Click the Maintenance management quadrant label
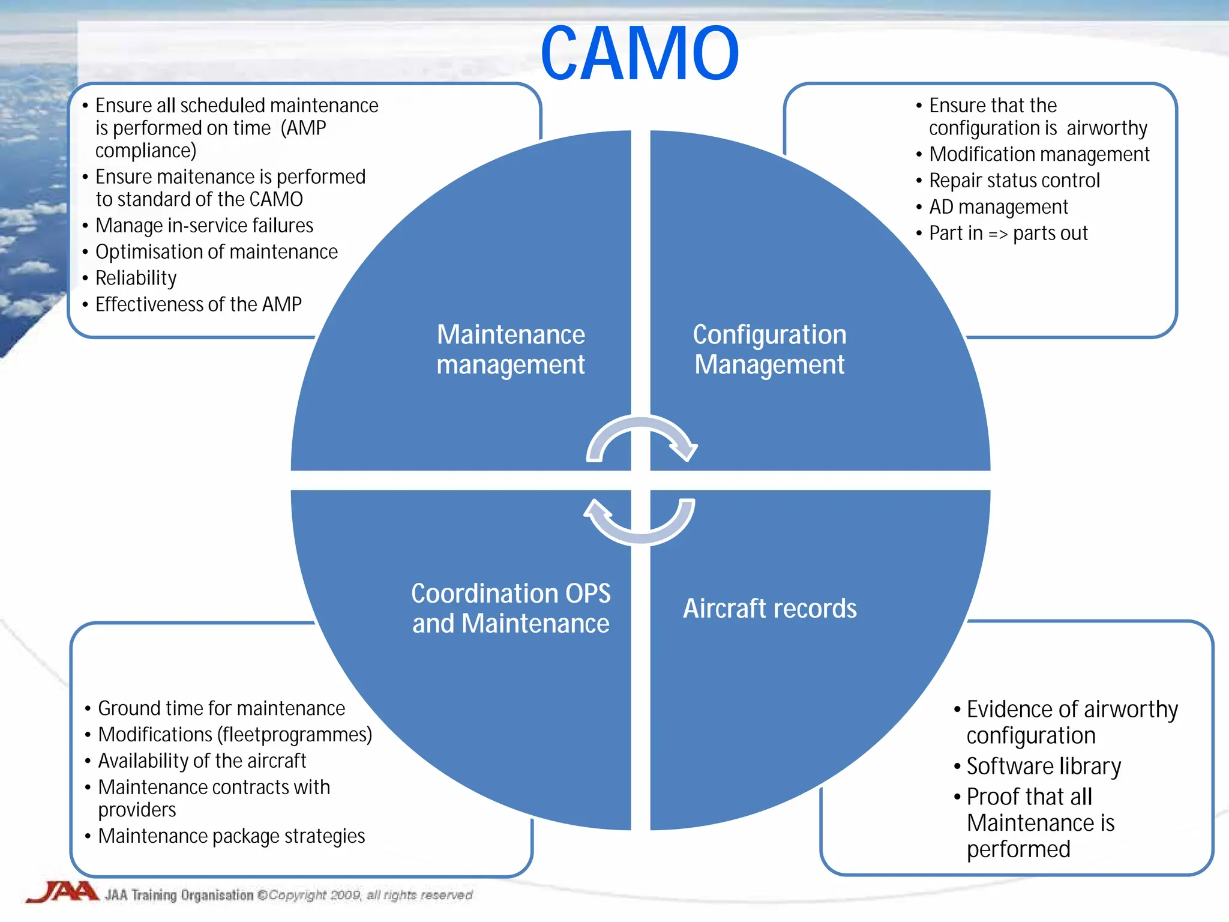(x=510, y=349)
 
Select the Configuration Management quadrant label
(x=769, y=349)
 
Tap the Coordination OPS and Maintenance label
(x=510, y=608)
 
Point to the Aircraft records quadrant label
(x=769, y=608)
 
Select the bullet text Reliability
(x=136, y=278)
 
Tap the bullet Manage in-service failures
(x=204, y=226)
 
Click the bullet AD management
(x=998, y=207)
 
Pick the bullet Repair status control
(x=1014, y=181)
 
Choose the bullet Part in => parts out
(x=1008, y=234)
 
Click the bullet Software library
(x=1043, y=767)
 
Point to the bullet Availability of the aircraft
(x=202, y=761)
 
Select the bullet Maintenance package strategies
(x=231, y=836)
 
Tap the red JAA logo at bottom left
(x=62, y=892)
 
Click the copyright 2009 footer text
(x=370, y=895)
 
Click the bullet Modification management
(x=1039, y=154)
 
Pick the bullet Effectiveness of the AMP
(x=198, y=304)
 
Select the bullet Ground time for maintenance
(x=221, y=708)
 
